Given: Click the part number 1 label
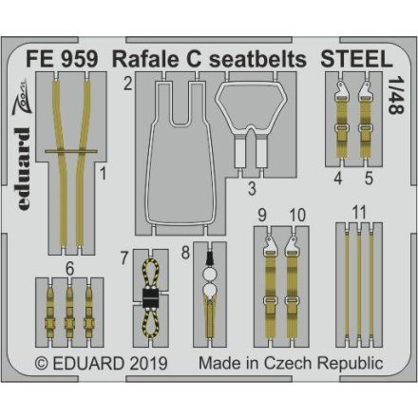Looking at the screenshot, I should click(104, 175).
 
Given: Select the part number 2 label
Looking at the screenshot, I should click(125, 85).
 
